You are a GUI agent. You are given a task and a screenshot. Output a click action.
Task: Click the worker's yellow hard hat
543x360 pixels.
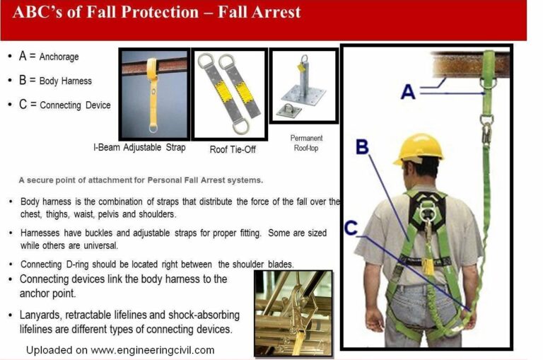[419, 149]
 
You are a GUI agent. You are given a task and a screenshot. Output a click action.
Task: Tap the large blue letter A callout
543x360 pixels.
[408, 92]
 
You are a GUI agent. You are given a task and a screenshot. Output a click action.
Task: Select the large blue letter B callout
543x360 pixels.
[362, 146]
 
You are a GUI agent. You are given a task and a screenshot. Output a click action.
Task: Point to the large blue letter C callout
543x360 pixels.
[351, 228]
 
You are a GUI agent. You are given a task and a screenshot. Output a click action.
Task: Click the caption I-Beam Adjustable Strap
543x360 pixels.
[139, 148]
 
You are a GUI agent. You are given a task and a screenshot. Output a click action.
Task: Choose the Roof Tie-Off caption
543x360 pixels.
[233, 149]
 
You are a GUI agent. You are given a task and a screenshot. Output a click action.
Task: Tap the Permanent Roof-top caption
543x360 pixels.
[306, 143]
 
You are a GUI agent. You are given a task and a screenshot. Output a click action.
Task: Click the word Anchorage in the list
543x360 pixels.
[59, 57]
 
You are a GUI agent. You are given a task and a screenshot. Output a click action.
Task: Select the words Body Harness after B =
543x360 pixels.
[66, 81]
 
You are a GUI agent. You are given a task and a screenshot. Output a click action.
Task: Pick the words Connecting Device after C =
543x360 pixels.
[75, 105]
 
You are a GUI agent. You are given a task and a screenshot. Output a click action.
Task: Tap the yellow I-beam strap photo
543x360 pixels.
[154, 94]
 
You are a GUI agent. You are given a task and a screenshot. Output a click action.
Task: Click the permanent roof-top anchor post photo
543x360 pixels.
[304, 86]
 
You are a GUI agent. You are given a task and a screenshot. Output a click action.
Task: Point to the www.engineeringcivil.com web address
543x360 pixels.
[153, 350]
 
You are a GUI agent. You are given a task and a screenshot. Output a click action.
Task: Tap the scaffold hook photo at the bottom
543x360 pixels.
[293, 313]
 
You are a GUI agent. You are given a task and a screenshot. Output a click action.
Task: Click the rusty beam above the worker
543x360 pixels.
[470, 64]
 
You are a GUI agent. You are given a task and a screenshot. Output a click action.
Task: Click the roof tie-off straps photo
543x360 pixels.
[229, 94]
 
